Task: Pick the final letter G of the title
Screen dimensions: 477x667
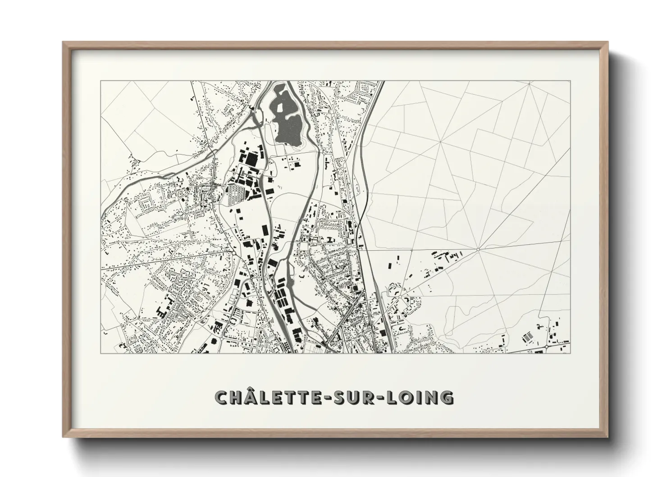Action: pyautogui.click(x=447, y=397)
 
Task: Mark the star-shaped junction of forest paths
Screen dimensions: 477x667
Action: pyautogui.click(x=478, y=248)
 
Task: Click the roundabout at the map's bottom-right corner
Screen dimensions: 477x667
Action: pyautogui.click(x=547, y=346)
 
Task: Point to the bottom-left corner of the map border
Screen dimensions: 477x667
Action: pyautogui.click(x=101, y=353)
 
